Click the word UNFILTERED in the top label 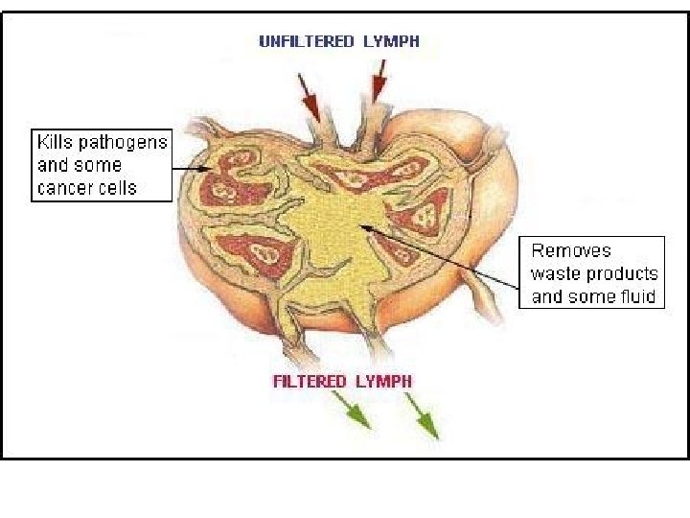tap(304, 41)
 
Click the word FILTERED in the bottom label tap(310, 381)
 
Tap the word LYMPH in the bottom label tap(383, 381)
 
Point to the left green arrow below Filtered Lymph tap(357, 413)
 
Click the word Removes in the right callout tap(571, 251)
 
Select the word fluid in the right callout tap(635, 296)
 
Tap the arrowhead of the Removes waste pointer tap(361, 226)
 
